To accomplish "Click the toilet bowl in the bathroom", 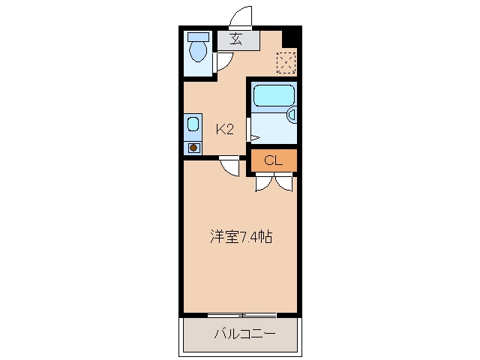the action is point(198,52).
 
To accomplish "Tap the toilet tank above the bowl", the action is point(198,37).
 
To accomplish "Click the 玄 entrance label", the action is point(236,39).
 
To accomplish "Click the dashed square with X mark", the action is point(286,63).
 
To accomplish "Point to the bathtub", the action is point(274,95).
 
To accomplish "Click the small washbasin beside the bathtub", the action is point(292,115).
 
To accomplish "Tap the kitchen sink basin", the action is point(193,124).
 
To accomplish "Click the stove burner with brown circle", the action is point(193,148).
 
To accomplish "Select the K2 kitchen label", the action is point(225,130).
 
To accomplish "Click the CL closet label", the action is point(273,160).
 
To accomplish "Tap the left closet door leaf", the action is point(264,182).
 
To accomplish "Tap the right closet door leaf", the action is point(284,182).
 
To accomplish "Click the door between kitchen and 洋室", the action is point(229,166).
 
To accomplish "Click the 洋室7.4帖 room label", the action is point(241,236).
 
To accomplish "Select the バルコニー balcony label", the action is point(245,334).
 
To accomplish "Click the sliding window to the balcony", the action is point(241,315).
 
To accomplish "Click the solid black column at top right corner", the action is point(292,37).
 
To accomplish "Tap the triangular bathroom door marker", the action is point(255,138).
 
